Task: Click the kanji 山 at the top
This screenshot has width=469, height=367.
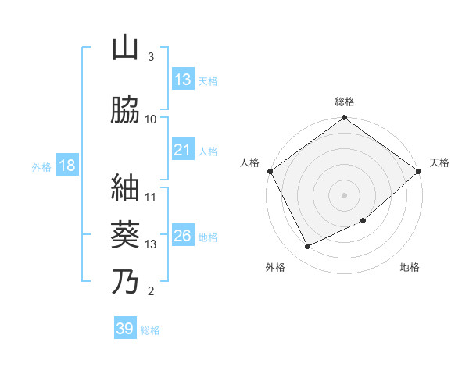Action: pos(124,48)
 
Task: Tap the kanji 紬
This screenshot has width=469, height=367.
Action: pos(124,187)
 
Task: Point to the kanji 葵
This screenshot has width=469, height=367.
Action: pos(124,233)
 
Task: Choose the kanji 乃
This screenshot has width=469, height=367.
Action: pos(124,281)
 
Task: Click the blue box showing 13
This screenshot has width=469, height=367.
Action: pos(183,80)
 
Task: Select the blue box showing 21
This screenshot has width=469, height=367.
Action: pos(183,150)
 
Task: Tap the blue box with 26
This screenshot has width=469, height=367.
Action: pos(183,236)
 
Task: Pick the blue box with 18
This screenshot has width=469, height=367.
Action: pos(66,166)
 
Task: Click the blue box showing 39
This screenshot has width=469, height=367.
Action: pos(124,329)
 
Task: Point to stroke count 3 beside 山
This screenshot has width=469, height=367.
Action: pos(150,56)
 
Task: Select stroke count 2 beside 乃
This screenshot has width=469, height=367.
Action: pos(150,292)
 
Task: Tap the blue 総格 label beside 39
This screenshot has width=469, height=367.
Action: pos(151,330)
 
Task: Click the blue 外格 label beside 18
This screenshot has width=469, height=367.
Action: pos(41,166)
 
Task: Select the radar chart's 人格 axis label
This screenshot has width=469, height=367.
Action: pos(250,162)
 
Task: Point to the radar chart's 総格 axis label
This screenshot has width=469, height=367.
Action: pos(345,102)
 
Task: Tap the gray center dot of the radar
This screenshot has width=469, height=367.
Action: pos(345,194)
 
